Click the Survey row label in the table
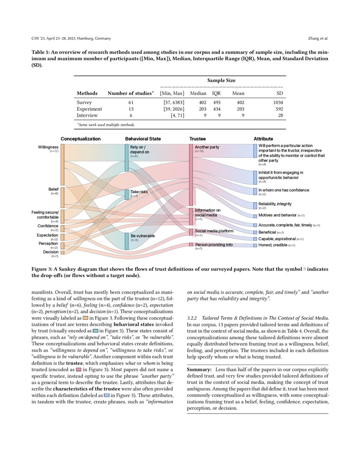(x=84, y=103)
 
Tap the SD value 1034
(x=278, y=103)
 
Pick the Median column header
(x=198, y=93)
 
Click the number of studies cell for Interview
(x=130, y=115)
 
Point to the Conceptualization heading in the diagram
(x=80, y=139)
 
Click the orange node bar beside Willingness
(x=62, y=164)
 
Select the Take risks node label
(x=139, y=192)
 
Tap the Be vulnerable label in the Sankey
(x=142, y=236)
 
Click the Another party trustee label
(x=207, y=147)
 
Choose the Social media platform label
(x=214, y=231)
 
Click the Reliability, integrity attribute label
(x=275, y=204)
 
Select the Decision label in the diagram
(x=50, y=252)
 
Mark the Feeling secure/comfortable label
(x=45, y=214)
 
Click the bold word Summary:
(x=200, y=370)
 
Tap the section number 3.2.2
(x=193, y=318)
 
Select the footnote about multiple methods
(x=105, y=125)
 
